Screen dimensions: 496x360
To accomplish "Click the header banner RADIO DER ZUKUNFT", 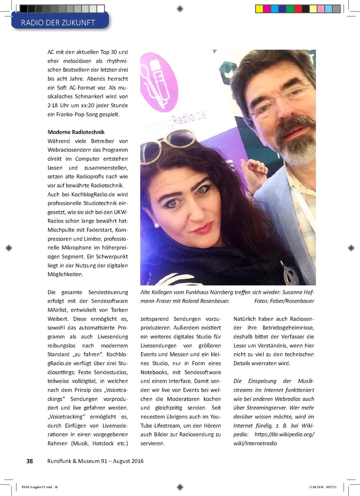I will point(58,23).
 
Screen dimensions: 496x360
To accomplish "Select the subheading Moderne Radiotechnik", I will point(76,132).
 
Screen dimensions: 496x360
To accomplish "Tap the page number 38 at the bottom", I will point(30,461).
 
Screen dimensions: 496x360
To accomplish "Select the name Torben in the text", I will point(120,310).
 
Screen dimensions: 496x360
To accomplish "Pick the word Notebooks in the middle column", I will point(154,372).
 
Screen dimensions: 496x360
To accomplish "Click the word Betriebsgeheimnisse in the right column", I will point(288,328).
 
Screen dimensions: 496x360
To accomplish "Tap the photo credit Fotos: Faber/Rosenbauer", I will point(284,301).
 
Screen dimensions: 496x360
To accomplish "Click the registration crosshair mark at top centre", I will point(180,9).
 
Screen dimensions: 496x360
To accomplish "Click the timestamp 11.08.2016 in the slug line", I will point(316,487).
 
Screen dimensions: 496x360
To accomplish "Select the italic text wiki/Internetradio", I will point(255,444).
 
